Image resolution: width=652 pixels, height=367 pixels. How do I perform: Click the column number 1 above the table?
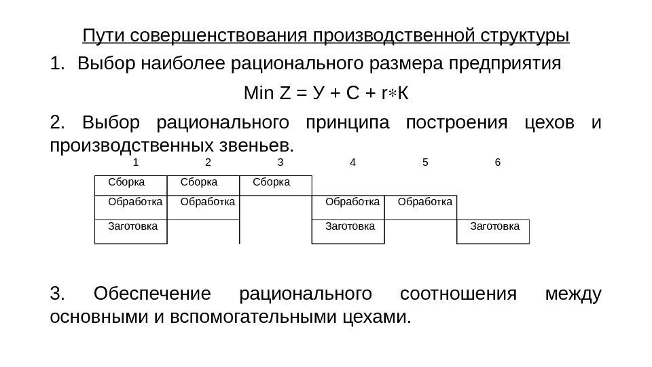pyautogui.click(x=136, y=163)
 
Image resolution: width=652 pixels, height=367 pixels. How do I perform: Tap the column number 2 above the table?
pyautogui.click(x=208, y=163)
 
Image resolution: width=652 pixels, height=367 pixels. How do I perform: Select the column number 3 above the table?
pyautogui.click(x=280, y=163)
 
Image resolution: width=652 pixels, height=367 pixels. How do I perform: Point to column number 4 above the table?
pyautogui.click(x=352, y=163)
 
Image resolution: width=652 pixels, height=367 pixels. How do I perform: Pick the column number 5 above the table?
pyautogui.click(x=425, y=163)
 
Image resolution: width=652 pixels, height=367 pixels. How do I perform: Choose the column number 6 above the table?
pyautogui.click(x=498, y=163)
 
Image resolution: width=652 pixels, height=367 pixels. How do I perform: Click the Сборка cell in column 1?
pyautogui.click(x=127, y=183)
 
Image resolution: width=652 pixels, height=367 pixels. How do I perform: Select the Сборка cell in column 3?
pyautogui.click(x=272, y=183)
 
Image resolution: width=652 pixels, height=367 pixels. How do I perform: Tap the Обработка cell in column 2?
pyautogui.click(x=208, y=202)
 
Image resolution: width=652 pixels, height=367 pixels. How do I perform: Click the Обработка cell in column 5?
pyautogui.click(x=425, y=202)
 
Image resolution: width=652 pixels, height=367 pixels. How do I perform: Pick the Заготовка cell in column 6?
pyautogui.click(x=495, y=225)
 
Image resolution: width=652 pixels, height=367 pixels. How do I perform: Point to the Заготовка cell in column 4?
pyautogui.click(x=350, y=225)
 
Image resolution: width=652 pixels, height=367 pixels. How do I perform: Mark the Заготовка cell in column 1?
pyautogui.click(x=133, y=225)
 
